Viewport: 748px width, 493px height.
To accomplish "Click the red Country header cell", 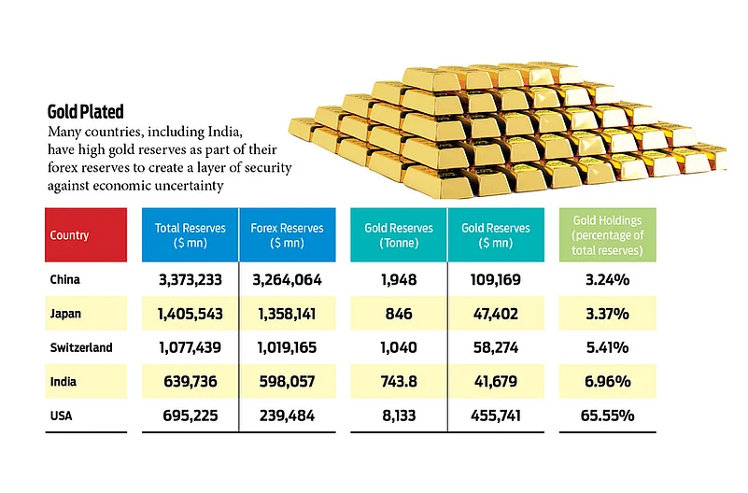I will (85, 235).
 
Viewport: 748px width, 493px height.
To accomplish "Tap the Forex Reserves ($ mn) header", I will (288, 235).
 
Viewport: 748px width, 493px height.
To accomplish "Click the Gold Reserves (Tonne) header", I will (398, 235).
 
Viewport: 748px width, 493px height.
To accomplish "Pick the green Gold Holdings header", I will (607, 235).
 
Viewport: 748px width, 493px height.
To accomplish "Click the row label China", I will (64, 279).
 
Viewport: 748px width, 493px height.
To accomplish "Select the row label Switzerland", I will (81, 347).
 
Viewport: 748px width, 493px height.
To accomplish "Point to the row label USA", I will (61, 416).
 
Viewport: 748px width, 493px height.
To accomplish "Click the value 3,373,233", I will (190, 279).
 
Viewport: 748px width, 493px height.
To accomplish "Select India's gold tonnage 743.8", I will (398, 382).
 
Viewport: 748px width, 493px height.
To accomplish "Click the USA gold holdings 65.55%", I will (607, 416).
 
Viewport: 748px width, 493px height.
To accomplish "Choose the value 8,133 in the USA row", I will (398, 416).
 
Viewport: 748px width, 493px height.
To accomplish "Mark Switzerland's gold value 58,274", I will (497, 347).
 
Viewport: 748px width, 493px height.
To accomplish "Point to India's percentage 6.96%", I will (607, 382).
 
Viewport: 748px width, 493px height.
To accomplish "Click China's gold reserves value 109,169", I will (497, 279).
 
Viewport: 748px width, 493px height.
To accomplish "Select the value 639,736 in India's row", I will (190, 382).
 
